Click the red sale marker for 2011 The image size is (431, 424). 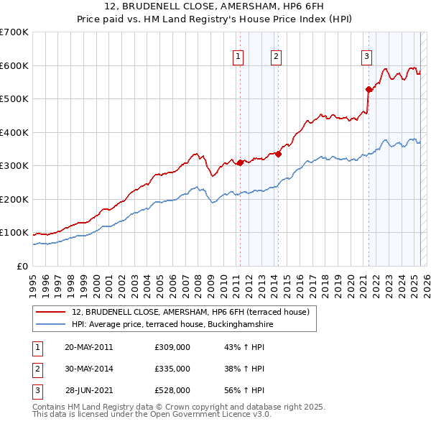(x=240, y=162)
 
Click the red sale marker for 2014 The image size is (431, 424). (x=278, y=153)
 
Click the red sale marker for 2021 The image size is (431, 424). (x=369, y=89)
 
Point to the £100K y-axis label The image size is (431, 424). (x=14, y=233)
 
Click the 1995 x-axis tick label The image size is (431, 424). (x=32, y=281)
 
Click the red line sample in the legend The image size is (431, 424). (x=50, y=312)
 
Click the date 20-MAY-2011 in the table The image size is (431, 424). (x=89, y=347)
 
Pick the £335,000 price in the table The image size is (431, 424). (x=172, y=369)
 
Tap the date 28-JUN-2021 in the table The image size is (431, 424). (x=89, y=390)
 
